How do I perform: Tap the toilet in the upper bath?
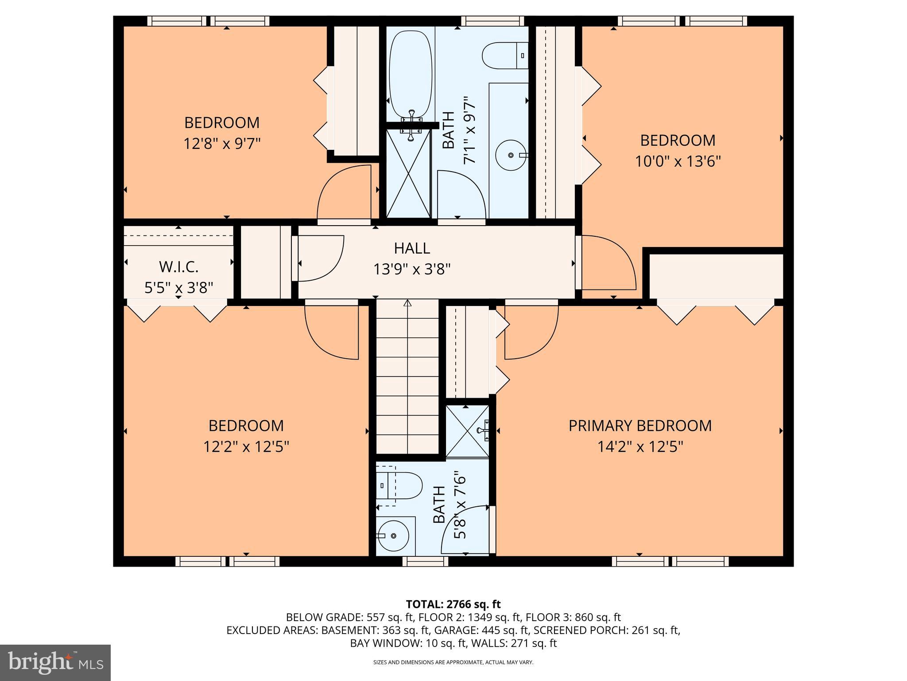coord(505,55)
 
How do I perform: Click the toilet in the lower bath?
coord(401,485)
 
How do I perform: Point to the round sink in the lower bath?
coord(394,536)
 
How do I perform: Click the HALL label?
coord(412,248)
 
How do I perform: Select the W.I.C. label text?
coord(178,267)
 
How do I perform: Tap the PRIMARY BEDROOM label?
coord(640,426)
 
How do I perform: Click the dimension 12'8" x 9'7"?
coord(222,144)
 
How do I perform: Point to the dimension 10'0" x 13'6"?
coord(678,161)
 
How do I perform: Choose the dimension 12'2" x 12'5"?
coord(246,446)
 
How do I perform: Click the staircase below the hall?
coord(407,377)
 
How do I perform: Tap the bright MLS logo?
coord(55,663)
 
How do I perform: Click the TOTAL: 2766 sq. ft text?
coord(453,604)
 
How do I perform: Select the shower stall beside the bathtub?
coord(408,173)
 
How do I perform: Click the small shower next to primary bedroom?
coord(467,431)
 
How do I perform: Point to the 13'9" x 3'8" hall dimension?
coord(412,269)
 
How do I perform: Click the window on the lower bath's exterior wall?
coord(425,561)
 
